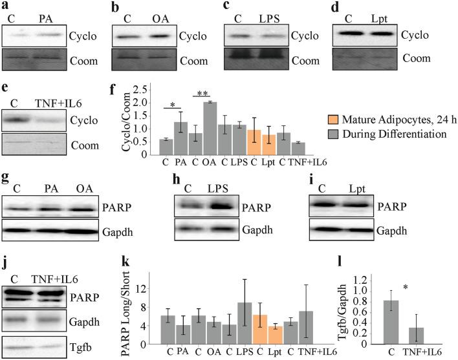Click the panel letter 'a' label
tap(5, 6)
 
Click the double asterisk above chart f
tap(201, 94)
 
